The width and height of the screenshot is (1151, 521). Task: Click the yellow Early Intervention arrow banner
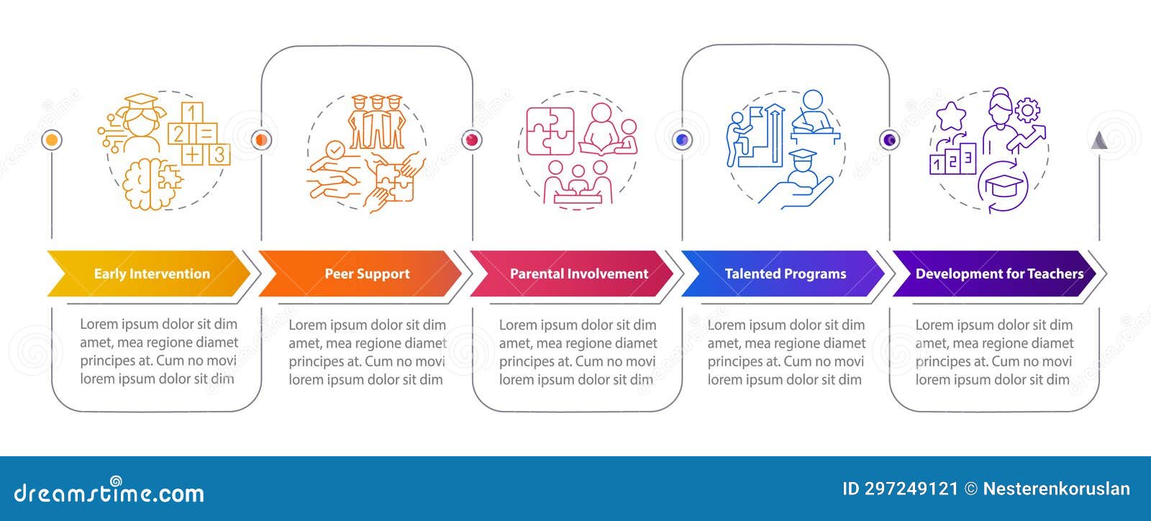point(149,273)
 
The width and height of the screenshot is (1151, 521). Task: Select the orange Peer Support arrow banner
point(360,273)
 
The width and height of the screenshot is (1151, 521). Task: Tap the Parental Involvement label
point(579,274)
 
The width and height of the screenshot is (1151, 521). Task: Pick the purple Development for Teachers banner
point(994,273)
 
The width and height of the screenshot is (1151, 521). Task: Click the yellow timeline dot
point(51,140)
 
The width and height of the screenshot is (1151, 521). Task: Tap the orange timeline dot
point(261,140)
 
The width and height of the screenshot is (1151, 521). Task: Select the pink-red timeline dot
point(472,140)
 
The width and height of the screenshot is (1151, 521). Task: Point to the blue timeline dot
point(683,140)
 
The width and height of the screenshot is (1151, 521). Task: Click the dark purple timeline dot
point(889,140)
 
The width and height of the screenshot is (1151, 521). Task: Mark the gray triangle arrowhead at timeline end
point(1099,141)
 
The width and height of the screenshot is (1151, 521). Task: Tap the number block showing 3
point(219,154)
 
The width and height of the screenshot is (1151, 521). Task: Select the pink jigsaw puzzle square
point(550,131)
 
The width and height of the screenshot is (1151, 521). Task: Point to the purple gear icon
point(1028,110)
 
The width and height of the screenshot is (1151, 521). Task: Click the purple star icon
point(951,117)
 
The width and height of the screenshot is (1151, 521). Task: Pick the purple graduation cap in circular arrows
point(1003,186)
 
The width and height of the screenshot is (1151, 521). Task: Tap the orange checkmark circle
point(335,150)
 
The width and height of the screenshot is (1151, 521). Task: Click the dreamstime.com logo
point(109,491)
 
